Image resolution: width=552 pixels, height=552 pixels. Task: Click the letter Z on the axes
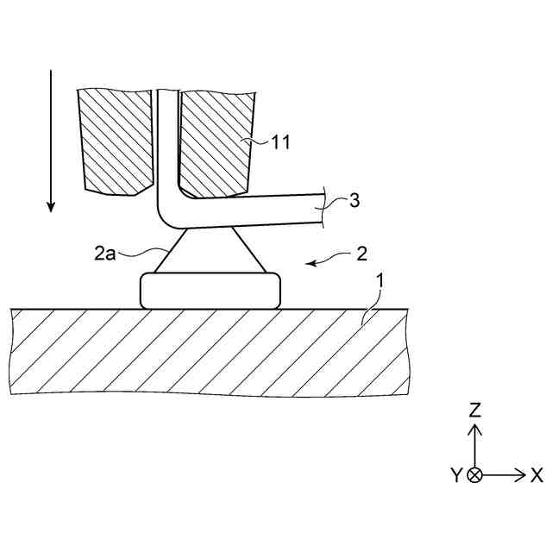[474, 411]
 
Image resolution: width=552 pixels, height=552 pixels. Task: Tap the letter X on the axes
[536, 474]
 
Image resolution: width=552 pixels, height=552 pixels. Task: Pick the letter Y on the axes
[455, 475]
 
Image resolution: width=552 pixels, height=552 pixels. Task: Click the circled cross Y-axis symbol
[474, 474]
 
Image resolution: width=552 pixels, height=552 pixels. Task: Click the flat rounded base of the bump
[210, 290]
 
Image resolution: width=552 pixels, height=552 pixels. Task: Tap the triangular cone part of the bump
[209, 252]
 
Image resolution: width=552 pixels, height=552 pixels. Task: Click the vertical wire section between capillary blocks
[166, 138]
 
